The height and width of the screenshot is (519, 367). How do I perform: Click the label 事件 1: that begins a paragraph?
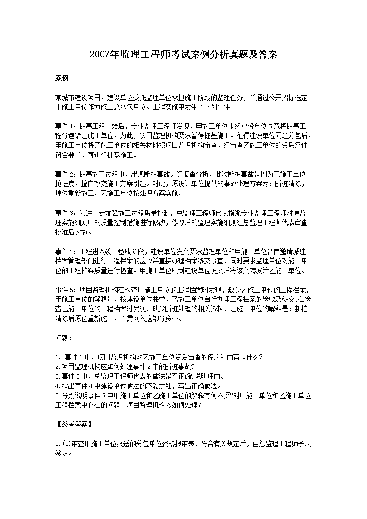coord(67,126)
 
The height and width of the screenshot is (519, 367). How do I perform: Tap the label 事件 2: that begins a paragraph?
coord(67,175)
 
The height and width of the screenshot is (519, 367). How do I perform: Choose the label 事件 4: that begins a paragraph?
coord(67,252)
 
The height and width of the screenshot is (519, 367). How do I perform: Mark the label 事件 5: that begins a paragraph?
coord(67,290)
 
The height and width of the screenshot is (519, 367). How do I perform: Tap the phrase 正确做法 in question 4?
coord(196,386)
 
